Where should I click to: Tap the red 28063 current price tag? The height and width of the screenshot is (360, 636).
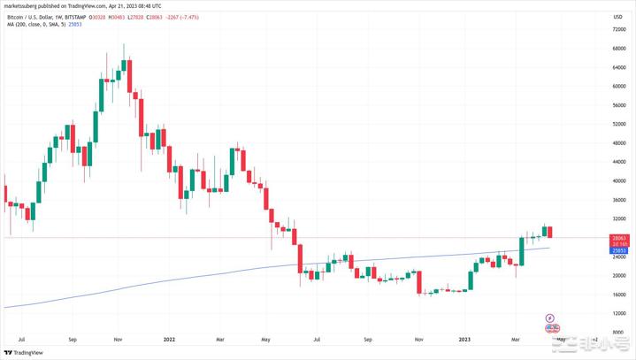[619, 237]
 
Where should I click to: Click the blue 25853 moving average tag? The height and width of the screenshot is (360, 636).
[619, 251]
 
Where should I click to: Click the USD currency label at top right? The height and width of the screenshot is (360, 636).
[618, 14]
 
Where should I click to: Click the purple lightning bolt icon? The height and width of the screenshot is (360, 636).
[549, 317]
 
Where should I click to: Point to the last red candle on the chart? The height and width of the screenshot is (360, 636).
[551, 232]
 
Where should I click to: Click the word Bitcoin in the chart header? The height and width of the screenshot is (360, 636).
[18, 14]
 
